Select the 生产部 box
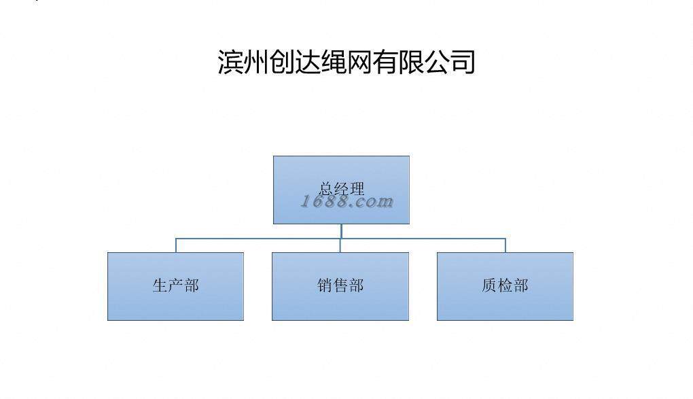(x=175, y=286)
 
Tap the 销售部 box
(x=340, y=286)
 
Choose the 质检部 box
(x=505, y=286)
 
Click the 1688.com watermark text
(x=347, y=201)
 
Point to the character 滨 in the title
(x=230, y=61)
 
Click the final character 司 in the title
(x=463, y=61)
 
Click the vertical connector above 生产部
(x=176, y=245)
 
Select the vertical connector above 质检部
(x=505, y=245)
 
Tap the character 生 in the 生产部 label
(x=160, y=285)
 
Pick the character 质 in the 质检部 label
(x=489, y=285)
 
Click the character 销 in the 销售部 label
(x=325, y=285)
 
